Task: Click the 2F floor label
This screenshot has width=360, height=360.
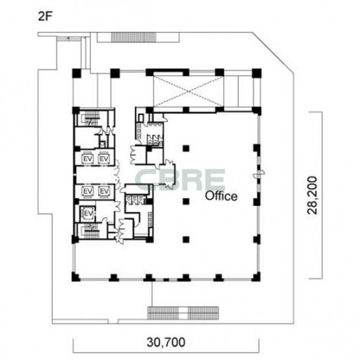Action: [x=45, y=16]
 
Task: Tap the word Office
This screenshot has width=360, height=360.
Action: [x=221, y=196]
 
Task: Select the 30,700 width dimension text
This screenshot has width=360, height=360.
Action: [x=166, y=342]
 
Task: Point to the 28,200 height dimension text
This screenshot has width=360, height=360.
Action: [x=313, y=195]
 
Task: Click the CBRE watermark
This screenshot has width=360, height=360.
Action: [x=180, y=179]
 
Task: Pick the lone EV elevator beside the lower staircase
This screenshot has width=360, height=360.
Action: [x=88, y=214]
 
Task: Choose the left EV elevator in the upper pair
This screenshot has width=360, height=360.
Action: [x=88, y=158]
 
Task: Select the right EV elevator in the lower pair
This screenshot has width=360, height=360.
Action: [x=105, y=191]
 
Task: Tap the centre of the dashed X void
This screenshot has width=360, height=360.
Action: [x=188, y=91]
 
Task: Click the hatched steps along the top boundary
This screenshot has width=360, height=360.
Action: [x=134, y=37]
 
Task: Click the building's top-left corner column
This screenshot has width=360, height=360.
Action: [x=77, y=73]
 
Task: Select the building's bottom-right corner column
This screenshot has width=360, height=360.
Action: [x=256, y=277]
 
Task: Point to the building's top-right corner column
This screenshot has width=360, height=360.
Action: [x=257, y=73]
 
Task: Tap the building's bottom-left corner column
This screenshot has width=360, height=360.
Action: [x=76, y=277]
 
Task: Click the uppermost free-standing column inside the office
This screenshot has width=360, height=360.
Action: [x=186, y=148]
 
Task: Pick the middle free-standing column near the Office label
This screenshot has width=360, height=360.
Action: [x=186, y=202]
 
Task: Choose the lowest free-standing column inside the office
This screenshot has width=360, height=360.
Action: [x=186, y=240]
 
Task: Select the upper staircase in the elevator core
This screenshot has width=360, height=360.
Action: [x=90, y=119]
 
